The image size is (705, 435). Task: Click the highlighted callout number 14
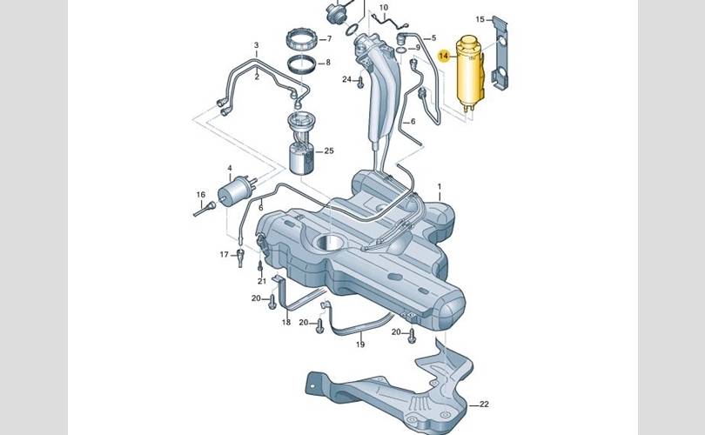(444, 57)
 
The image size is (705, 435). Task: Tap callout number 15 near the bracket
(480, 19)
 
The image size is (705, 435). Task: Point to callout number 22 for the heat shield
(484, 404)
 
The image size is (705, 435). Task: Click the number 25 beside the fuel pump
(329, 151)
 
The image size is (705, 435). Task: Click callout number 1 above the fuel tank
(329, 39)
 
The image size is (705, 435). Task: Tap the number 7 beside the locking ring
(328, 63)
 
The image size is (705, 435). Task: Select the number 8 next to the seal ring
(418, 47)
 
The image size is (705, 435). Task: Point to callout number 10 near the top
(384, 8)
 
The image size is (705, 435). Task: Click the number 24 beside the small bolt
(346, 79)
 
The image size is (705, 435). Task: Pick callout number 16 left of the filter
(200, 195)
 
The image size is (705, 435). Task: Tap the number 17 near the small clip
(225, 255)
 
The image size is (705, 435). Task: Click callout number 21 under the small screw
(262, 281)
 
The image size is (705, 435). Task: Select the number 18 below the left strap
(286, 322)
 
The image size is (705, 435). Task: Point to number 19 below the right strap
(360, 345)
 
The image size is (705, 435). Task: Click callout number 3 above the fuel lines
(256, 45)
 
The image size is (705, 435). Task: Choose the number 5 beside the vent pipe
(433, 38)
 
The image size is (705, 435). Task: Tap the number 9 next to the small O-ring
(418, 47)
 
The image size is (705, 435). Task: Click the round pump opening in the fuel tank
(331, 243)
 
